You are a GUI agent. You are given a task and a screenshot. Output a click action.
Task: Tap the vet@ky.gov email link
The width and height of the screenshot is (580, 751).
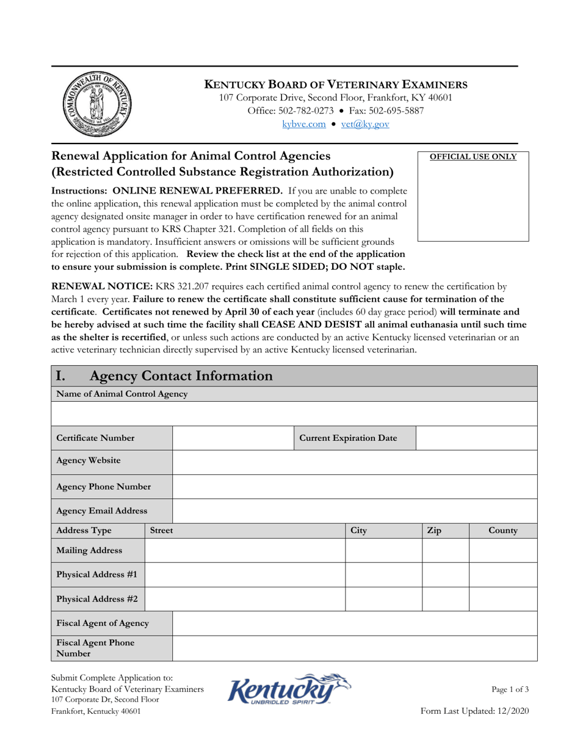(x=365, y=124)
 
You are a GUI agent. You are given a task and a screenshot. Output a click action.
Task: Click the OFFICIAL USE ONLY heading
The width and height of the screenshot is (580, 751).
(x=473, y=157)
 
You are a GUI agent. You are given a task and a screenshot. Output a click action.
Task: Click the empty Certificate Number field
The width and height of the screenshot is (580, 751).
(x=234, y=438)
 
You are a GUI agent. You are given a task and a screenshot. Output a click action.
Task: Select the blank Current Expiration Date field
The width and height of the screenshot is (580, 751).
(x=476, y=438)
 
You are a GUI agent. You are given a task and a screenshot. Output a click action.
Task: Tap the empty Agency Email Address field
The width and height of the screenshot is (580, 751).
(x=355, y=510)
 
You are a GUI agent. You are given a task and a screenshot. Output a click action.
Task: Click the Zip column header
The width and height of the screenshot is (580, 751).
(x=433, y=531)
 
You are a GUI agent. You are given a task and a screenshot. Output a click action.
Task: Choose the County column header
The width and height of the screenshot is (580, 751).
(x=503, y=531)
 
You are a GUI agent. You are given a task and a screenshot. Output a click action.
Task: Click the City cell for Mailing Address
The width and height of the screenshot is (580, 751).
(x=384, y=550)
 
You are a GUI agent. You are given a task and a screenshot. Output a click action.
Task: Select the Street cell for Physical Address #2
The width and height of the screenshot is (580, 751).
(x=245, y=599)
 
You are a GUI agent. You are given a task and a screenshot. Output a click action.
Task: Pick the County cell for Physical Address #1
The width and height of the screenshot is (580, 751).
(x=503, y=575)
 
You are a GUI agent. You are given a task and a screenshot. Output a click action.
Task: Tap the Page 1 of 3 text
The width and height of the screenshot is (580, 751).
(x=510, y=689)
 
